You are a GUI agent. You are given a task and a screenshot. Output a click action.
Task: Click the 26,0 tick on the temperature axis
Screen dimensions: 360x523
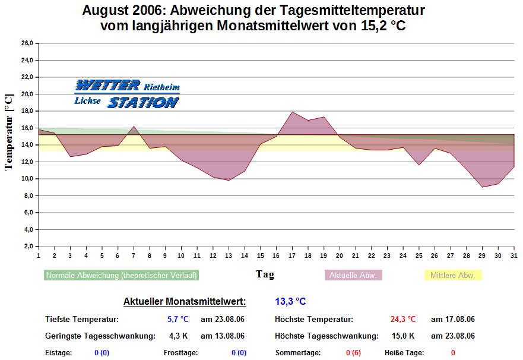coord(26,43)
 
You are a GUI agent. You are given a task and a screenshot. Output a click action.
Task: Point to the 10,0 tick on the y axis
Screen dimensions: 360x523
coord(26,179)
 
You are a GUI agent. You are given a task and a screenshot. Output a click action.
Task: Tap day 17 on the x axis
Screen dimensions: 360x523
coord(292,255)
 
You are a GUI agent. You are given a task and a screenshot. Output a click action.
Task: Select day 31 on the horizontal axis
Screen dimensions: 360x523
coord(514,255)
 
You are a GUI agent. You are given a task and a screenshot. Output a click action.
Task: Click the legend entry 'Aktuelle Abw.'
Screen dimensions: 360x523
coord(353,276)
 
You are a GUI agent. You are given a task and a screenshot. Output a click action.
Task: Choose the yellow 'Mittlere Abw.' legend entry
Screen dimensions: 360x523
coord(452,276)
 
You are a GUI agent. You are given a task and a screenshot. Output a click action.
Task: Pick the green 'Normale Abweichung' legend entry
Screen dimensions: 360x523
coord(122,276)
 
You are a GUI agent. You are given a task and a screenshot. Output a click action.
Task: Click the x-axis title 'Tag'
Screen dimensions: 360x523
coord(265,274)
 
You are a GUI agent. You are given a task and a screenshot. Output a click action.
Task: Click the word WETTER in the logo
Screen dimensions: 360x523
coord(108,85)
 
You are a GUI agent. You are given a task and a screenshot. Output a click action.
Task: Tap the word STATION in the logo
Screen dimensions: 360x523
coord(142,102)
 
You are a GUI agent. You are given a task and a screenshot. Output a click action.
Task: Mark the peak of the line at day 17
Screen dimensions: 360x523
coord(292,112)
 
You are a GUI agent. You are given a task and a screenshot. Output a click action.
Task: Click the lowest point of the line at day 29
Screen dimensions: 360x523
coord(483,187)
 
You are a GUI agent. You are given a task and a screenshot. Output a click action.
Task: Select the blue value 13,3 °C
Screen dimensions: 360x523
coord(290,302)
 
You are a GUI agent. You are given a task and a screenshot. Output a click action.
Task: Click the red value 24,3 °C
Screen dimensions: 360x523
coord(403,320)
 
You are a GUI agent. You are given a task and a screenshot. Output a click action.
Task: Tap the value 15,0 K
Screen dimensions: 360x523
coord(404,336)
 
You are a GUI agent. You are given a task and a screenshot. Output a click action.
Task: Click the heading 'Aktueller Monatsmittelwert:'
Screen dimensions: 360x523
coord(185,302)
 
